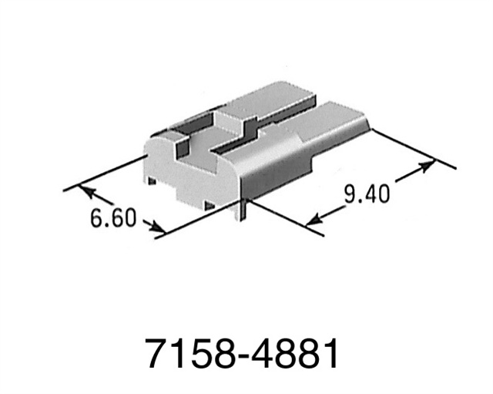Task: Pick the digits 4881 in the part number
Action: tap(295, 355)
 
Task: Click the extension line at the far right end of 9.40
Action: tap(416, 150)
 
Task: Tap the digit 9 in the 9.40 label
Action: tap(349, 193)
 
